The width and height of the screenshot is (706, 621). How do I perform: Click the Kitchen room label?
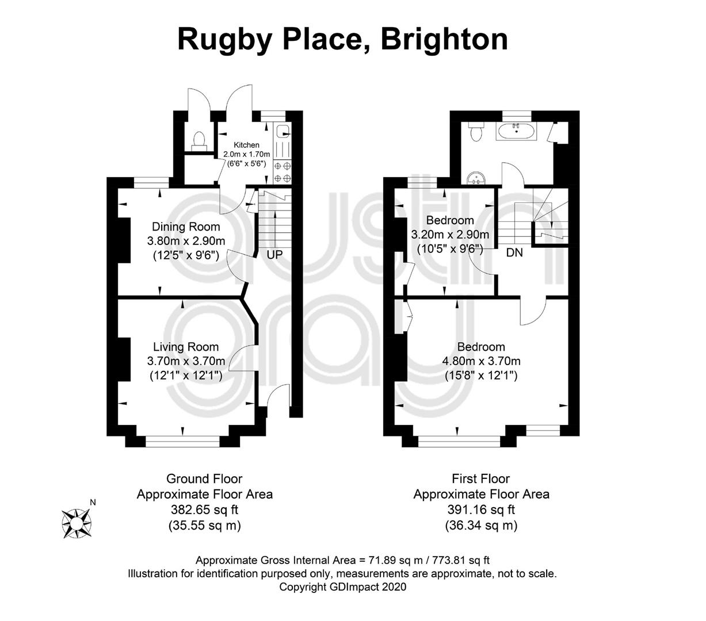tap(246, 144)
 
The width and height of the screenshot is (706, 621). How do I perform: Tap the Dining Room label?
tap(186, 227)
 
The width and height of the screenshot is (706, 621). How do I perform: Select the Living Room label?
tap(186, 347)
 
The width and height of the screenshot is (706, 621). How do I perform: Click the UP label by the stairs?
tap(274, 255)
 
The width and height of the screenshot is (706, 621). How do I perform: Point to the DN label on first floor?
tap(514, 252)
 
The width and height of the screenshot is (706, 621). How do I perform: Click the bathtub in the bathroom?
tap(517, 131)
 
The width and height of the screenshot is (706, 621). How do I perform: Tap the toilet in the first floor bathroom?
tap(475, 131)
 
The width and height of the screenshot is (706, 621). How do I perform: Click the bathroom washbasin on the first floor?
tap(475, 178)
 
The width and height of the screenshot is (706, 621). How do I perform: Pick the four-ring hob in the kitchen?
tap(283, 172)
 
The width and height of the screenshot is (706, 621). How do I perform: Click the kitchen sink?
tap(283, 131)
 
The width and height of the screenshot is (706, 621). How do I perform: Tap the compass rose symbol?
tap(77, 523)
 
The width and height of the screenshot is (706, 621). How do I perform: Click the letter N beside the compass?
tap(93, 502)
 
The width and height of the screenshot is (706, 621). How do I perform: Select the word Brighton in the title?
tap(444, 40)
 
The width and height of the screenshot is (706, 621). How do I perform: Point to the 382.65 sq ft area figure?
tap(204, 509)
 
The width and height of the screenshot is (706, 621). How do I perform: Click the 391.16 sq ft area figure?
tap(481, 509)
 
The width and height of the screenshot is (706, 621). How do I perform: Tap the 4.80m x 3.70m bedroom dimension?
tap(481, 361)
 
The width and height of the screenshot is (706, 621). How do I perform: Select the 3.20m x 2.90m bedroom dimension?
tap(450, 235)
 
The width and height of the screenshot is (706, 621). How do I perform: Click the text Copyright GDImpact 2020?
tap(342, 587)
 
